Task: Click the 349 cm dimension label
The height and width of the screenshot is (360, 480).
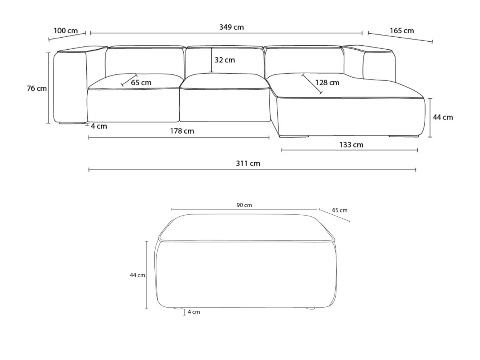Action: pyautogui.click(x=231, y=27)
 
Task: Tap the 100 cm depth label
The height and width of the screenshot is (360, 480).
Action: pyautogui.click(x=66, y=31)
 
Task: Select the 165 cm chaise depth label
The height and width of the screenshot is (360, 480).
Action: pyautogui.click(x=402, y=31)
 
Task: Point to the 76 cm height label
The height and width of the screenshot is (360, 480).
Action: pyautogui.click(x=37, y=88)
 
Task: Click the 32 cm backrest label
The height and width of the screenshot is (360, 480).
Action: pyautogui.click(x=224, y=60)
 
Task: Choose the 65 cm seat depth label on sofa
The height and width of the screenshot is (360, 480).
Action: pyautogui.click(x=141, y=83)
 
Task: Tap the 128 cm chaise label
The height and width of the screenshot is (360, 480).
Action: pyautogui.click(x=327, y=83)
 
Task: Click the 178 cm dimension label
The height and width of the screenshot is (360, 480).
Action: pyautogui.click(x=182, y=131)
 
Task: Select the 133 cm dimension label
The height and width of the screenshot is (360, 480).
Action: pyautogui.click(x=351, y=145)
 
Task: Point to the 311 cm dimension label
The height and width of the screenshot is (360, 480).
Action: pyautogui.click(x=248, y=164)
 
